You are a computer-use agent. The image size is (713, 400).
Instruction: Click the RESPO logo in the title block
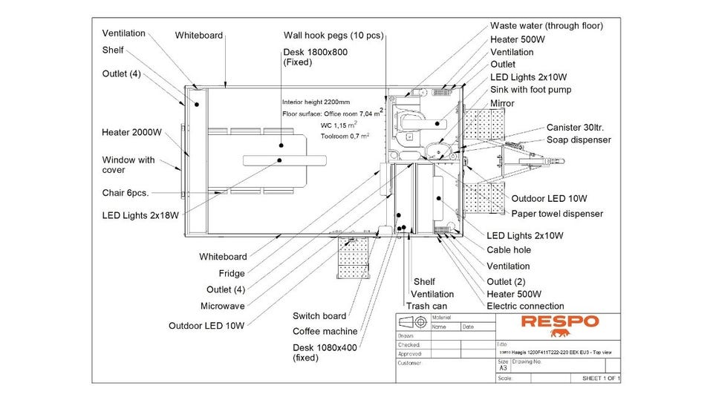coord(559,321)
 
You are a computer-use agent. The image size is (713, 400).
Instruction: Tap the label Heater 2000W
coord(131,132)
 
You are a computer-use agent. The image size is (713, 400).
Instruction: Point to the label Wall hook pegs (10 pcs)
coord(333,35)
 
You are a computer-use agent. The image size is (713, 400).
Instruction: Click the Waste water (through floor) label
coord(547,25)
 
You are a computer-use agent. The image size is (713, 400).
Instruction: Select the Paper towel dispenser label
coord(557,214)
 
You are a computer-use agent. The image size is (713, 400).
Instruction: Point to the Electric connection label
coord(525,306)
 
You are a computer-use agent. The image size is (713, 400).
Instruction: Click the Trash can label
coord(427,306)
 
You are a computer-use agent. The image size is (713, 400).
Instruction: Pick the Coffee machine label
coord(325,331)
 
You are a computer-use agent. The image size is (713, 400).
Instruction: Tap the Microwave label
coord(222,306)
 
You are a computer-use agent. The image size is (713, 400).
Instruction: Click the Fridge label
coord(232,273)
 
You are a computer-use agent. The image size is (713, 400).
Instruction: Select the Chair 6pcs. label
coord(126,193)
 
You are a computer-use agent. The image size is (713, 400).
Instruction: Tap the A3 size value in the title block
coord(503,367)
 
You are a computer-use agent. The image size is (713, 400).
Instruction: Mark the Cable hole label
coord(509,250)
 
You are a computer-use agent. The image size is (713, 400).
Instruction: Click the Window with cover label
coord(128,164)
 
